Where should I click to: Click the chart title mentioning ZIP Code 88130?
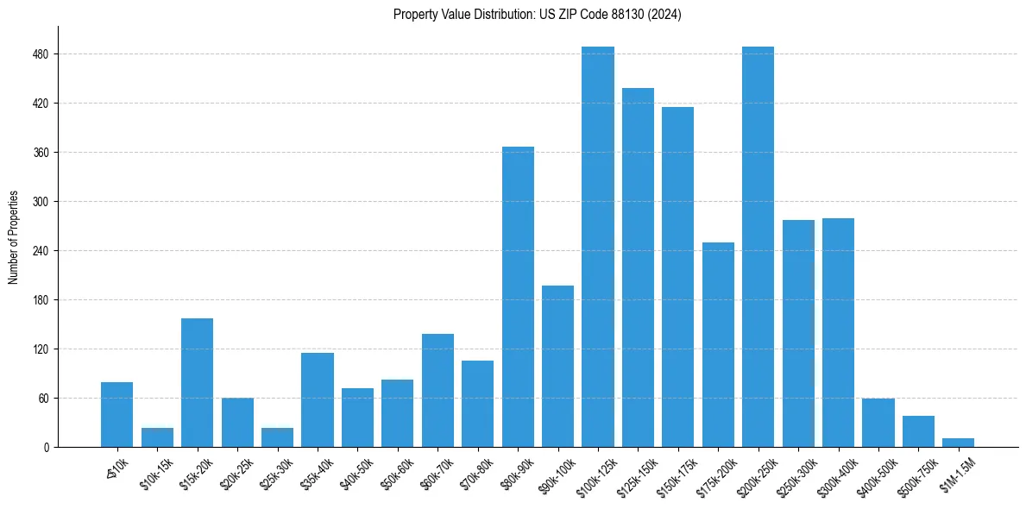point(537,15)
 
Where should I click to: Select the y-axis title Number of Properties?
point(14,237)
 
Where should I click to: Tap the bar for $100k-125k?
point(598,247)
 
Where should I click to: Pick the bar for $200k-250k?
point(758,247)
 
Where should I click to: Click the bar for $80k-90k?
point(518,297)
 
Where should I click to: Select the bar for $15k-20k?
point(197,382)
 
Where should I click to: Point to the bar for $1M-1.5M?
point(958,443)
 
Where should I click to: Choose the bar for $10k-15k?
point(157,437)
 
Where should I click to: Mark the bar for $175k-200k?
point(718,344)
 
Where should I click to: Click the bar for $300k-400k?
point(838,332)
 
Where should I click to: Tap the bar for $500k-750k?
point(918,431)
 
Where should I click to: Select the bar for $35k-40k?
point(318,399)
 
